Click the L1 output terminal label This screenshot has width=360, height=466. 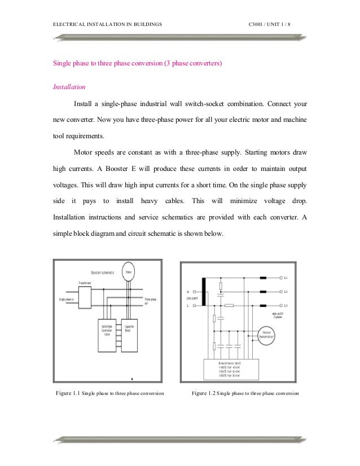tap(286, 278)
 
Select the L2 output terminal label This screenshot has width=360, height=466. tap(286, 292)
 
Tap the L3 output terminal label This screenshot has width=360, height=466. tap(286, 305)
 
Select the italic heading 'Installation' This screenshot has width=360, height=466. tap(69, 87)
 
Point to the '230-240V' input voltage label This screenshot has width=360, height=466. tap(188, 298)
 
